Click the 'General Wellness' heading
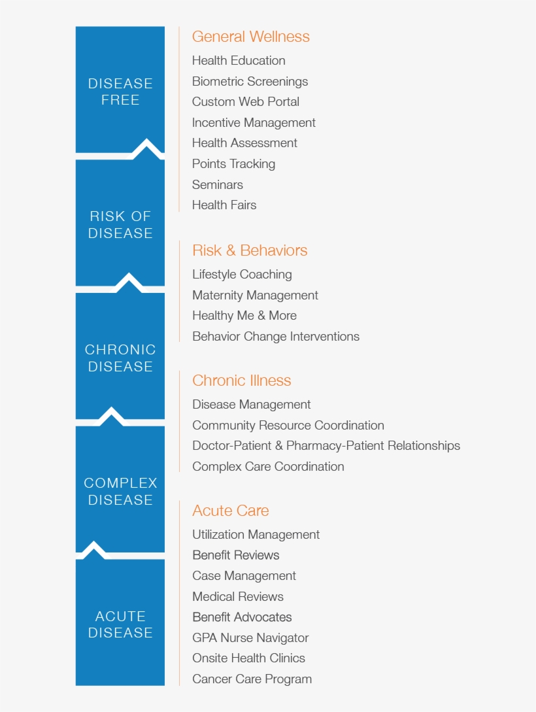[250, 37]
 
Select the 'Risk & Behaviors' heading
[250, 250]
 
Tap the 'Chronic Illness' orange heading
[241, 381]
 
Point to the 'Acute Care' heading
[231, 511]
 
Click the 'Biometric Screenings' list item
[250, 82]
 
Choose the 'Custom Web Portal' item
[246, 102]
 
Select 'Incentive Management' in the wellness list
[254, 123]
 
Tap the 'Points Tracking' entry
[234, 164]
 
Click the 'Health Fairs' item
[224, 205]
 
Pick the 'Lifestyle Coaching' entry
[242, 275]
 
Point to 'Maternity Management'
[255, 296]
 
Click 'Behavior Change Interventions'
[276, 337]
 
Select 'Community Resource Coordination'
[288, 426]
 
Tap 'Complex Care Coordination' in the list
[268, 467]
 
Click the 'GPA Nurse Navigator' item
[250, 638]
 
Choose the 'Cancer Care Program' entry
[252, 679]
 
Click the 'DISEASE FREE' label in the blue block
[120, 92]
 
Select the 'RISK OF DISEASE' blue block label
[120, 225]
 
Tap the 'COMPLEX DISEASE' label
[120, 491]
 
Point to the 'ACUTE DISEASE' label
[120, 624]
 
